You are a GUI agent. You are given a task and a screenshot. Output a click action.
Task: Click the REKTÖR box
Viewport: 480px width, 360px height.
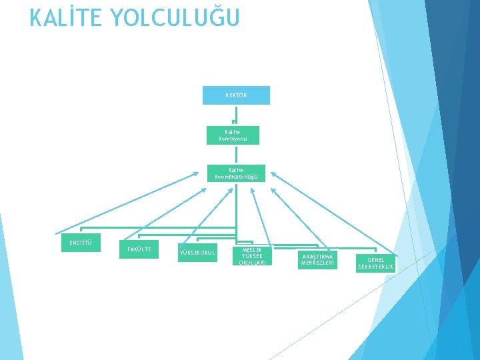point(236,95)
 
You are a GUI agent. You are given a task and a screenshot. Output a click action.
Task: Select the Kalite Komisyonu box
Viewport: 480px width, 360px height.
point(233,136)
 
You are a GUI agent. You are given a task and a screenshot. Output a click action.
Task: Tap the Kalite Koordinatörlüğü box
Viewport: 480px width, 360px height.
point(236,173)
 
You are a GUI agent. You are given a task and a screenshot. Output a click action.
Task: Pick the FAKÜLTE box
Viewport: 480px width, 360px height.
point(139,249)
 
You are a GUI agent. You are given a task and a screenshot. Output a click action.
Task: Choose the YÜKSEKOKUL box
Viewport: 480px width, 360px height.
point(197,252)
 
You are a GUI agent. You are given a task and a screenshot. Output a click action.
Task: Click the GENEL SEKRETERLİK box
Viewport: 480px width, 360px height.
point(376,263)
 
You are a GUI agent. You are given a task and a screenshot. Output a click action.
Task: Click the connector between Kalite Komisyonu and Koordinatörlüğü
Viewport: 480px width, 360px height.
point(235,155)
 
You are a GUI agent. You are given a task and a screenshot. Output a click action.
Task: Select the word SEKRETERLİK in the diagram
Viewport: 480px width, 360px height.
point(376,267)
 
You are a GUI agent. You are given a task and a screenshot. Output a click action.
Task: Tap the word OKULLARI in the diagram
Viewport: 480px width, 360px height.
point(252,263)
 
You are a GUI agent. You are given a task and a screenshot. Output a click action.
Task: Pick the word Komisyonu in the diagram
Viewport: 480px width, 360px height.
point(233,139)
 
